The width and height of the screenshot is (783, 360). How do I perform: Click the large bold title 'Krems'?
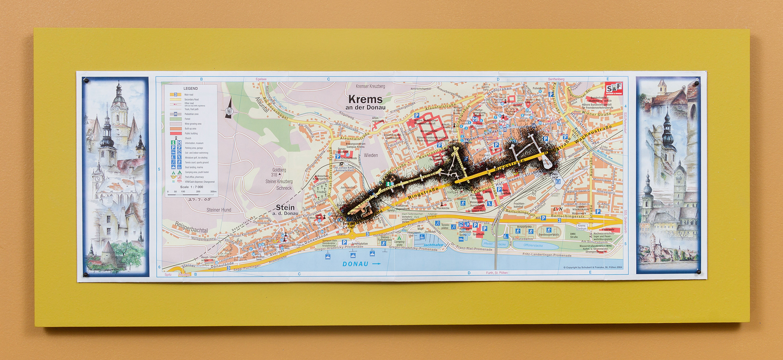(365, 99)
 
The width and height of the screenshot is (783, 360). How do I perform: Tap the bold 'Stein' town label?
(285, 207)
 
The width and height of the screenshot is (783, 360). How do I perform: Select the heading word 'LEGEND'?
(190, 88)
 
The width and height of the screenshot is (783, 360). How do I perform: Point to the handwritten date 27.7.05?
(199, 200)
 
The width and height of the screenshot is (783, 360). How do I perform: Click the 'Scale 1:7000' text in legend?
(191, 187)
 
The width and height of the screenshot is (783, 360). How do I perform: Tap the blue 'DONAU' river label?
(355, 264)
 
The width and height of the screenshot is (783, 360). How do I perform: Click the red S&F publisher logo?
(613, 88)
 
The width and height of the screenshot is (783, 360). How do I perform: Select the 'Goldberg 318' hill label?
(279, 172)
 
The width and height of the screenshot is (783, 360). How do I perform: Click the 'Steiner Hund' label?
(219, 210)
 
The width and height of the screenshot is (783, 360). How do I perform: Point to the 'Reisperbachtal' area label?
(191, 227)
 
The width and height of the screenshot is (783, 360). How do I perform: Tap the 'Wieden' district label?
(371, 155)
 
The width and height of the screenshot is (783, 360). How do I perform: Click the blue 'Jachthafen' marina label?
(433, 245)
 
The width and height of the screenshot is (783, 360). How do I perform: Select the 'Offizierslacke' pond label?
(533, 245)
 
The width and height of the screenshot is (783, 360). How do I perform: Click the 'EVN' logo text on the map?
(557, 209)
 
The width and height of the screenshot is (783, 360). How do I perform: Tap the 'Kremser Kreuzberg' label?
(370, 86)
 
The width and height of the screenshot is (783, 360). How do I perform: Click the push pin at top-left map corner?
(86, 81)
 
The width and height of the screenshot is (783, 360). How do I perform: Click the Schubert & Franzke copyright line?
(593, 267)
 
